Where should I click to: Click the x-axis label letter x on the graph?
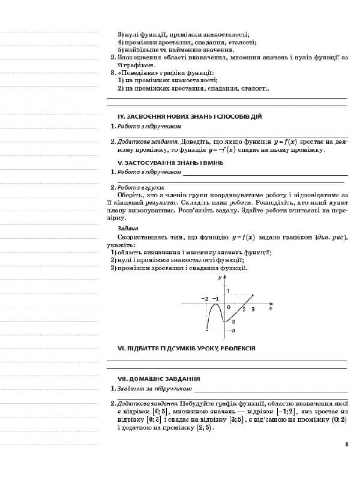point(271,309)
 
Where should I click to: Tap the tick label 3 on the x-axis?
point(253,309)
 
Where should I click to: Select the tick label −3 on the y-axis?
point(232,331)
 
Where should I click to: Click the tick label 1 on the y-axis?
point(229,290)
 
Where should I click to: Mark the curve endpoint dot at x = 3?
point(253,295)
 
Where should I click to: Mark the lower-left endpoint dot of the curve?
point(206,330)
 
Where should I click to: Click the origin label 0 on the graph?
point(229,307)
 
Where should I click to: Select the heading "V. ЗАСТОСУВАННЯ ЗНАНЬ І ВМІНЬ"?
point(170,162)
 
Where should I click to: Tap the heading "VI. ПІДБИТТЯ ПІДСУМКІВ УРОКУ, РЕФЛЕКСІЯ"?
point(187,348)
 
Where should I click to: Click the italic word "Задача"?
point(128,229)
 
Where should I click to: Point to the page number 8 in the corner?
point(347,445)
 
